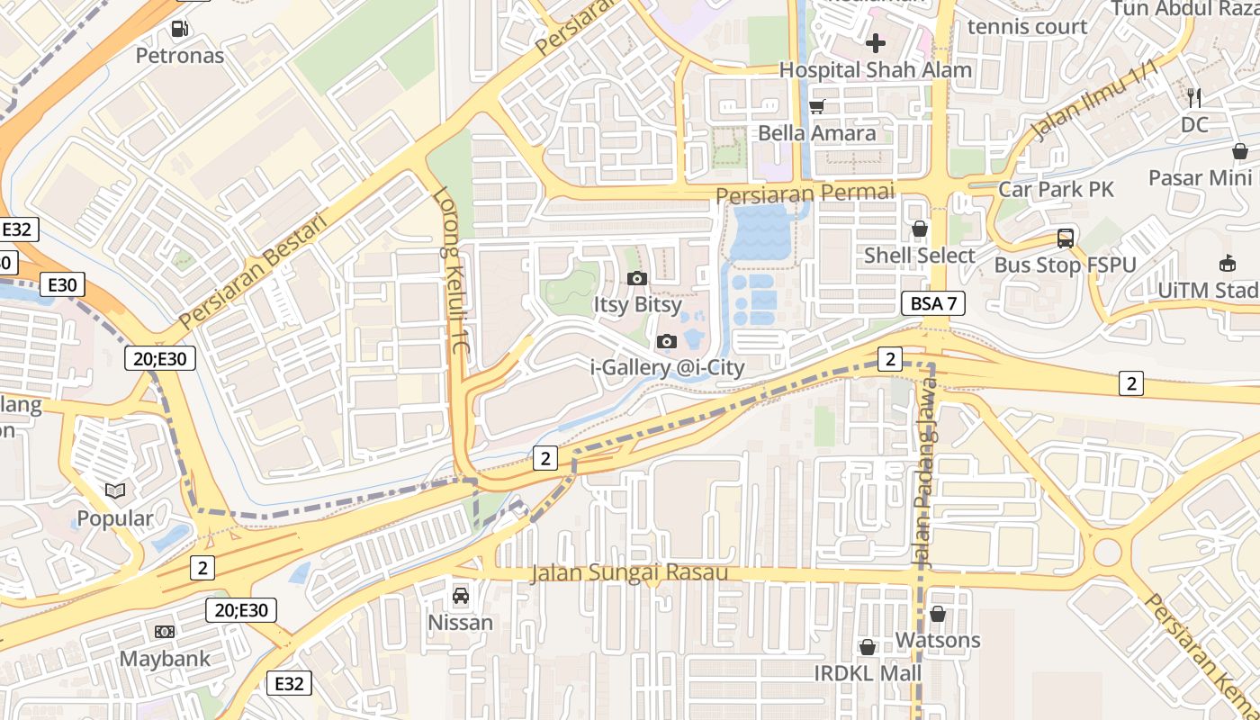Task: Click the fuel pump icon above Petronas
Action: [180, 29]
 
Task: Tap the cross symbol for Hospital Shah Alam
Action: [875, 42]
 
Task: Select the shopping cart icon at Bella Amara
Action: [817, 106]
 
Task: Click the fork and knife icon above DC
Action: [1194, 98]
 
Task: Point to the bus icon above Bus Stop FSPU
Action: [1066, 238]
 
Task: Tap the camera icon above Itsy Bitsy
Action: [637, 278]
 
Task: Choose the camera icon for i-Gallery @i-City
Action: [667, 341]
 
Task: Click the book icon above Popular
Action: [115, 491]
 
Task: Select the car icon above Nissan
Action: [460, 596]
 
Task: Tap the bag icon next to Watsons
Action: [937, 614]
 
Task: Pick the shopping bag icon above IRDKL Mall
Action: [868, 647]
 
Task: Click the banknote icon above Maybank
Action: [165, 632]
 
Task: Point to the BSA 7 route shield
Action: [933, 303]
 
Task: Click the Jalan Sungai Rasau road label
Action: [629, 573]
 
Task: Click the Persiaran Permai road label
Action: [805, 193]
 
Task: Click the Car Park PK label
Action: [1056, 189]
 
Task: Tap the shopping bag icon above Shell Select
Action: [920, 229]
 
